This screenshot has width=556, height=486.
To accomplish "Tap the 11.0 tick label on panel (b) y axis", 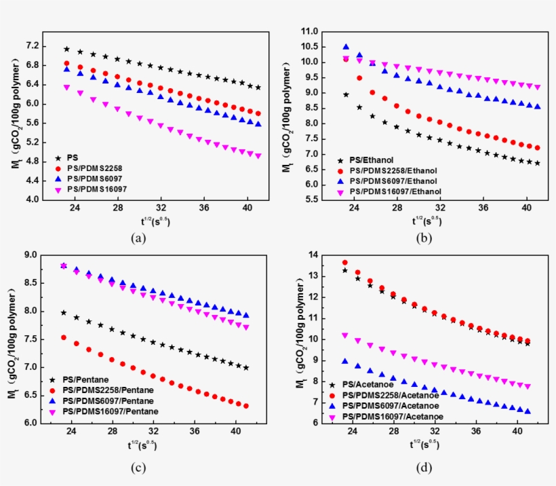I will (309, 31).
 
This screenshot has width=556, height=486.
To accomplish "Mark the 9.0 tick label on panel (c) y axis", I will (31, 255).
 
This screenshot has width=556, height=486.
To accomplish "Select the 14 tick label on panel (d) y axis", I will (313, 254).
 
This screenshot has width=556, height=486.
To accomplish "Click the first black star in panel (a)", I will (66, 49).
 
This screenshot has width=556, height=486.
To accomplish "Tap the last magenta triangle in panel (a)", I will (258, 156).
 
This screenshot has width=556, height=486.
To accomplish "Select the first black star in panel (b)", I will (346, 94).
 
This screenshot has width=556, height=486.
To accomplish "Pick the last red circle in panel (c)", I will (246, 406).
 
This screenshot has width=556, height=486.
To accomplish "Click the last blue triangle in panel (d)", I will (528, 411).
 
